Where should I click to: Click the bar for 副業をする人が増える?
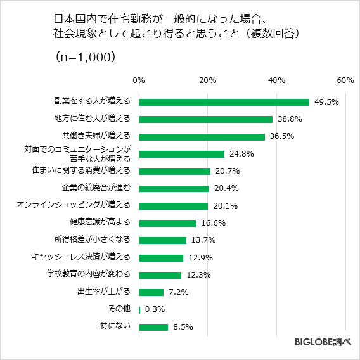point(224,102)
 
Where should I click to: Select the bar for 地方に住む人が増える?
point(205,119)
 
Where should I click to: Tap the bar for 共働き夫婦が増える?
point(202,136)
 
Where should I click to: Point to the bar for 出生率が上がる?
point(151,292)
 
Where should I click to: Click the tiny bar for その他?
point(139,310)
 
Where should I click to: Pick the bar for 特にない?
point(153,327)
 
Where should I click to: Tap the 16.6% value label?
point(213,223)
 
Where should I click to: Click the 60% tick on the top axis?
point(345,80)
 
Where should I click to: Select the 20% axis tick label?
point(207,80)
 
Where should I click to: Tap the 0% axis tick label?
point(139,80)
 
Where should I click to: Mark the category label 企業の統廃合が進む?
point(96,188)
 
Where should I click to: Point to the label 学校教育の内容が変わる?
point(89,274)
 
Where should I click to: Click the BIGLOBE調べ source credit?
point(323,343)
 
